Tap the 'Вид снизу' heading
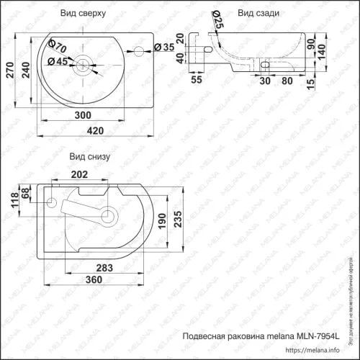(x=89, y=156)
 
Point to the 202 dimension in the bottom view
(x=80, y=174)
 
